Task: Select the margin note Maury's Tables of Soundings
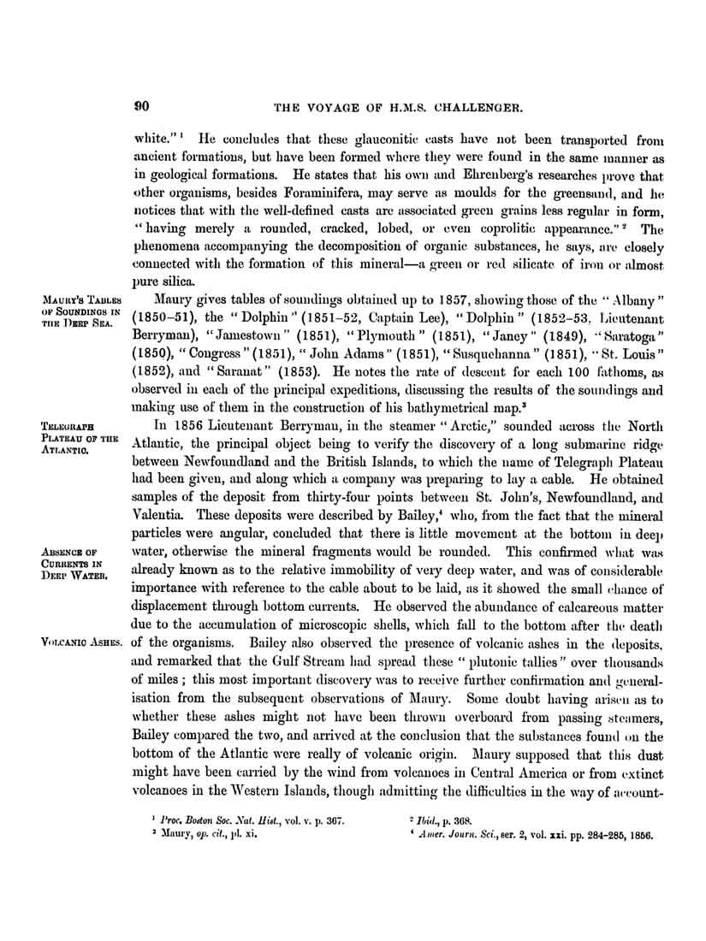pos(81,311)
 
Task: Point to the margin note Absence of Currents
pos(80,564)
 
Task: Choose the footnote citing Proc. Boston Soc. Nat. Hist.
pos(248,820)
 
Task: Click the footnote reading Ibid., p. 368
pos(435,820)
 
